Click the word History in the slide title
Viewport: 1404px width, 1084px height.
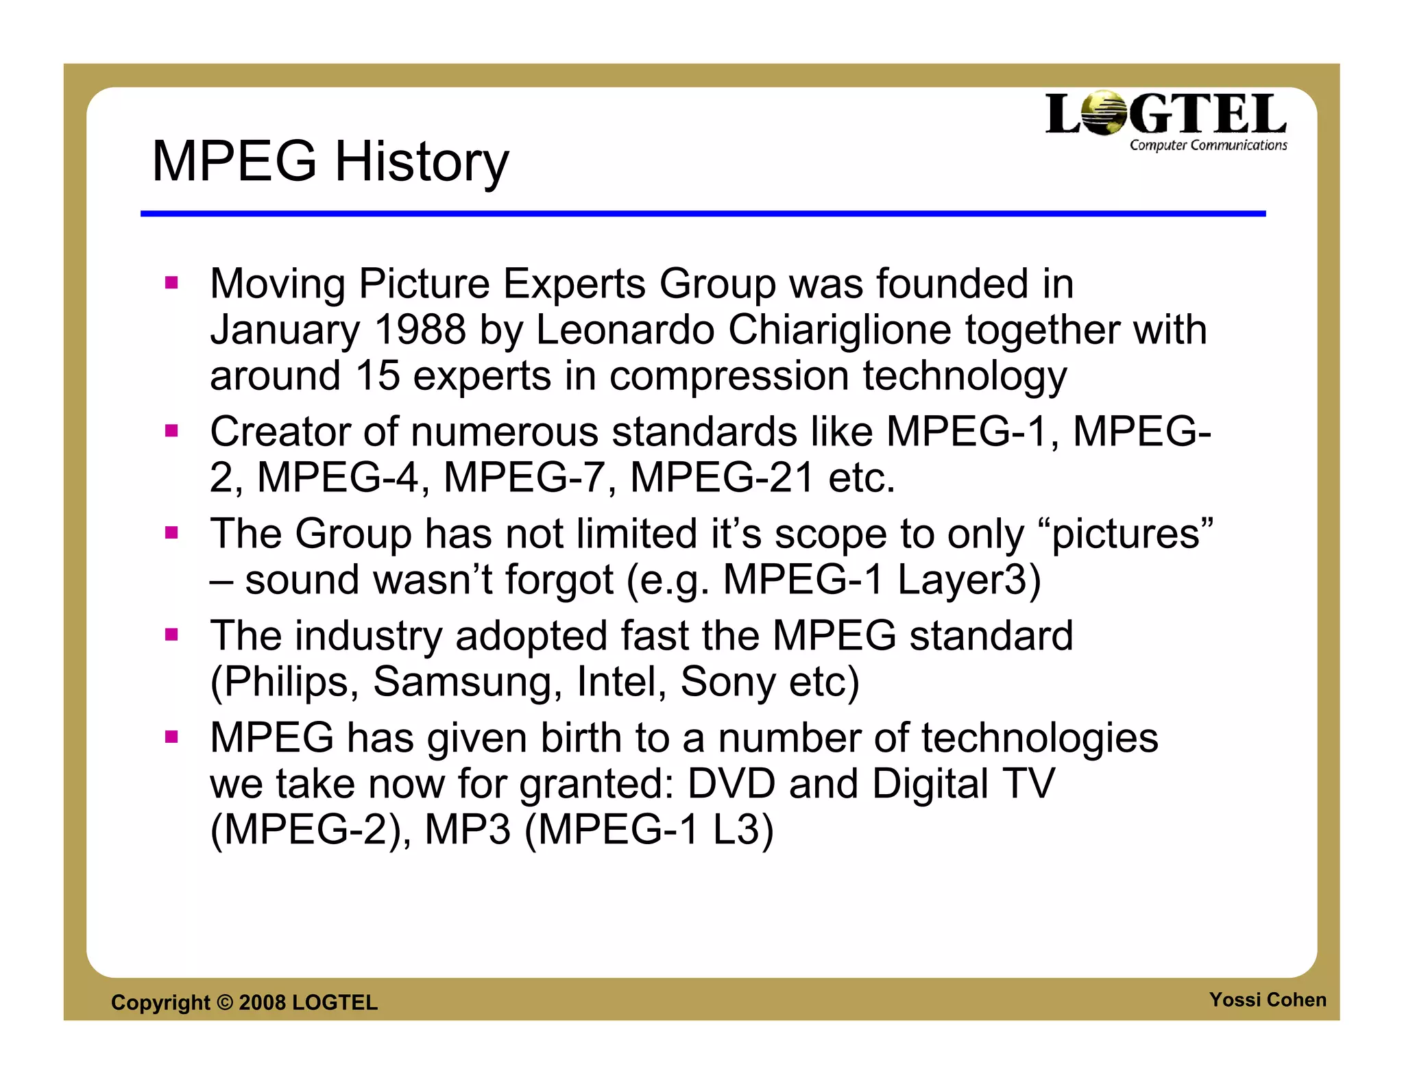coord(421,162)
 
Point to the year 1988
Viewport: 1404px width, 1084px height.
coord(420,330)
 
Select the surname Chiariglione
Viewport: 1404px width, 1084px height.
coord(839,330)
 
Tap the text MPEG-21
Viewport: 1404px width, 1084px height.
coord(722,478)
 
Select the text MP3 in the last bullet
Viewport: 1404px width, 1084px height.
coord(468,830)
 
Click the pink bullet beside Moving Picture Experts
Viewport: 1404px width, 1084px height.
coord(171,282)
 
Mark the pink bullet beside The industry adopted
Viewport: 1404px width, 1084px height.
coord(171,635)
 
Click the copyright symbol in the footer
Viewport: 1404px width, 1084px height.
coord(224,1002)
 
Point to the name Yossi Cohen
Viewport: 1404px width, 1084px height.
coord(1267,1000)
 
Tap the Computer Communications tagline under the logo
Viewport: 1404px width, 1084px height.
coord(1208,145)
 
